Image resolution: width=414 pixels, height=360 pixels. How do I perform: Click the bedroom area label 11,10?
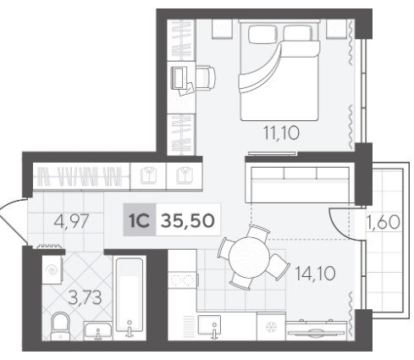pyautogui.click(x=281, y=133)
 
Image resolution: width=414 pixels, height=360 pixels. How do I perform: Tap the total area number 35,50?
pyautogui.click(x=188, y=220)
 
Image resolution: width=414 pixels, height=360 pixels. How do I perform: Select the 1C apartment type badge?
pyautogui.click(x=140, y=220)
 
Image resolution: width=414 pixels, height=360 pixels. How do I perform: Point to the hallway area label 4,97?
pyautogui.click(x=72, y=221)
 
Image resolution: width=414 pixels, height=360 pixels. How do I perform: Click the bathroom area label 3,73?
pyautogui.click(x=85, y=298)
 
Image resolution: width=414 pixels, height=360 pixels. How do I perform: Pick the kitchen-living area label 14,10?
pyautogui.click(x=315, y=274)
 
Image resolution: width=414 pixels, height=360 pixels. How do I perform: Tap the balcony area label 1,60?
pyautogui.click(x=384, y=222)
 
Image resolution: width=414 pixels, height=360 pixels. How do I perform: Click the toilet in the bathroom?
pyautogui.click(x=60, y=326)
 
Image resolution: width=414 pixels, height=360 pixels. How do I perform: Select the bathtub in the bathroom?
pyautogui.click(x=130, y=298)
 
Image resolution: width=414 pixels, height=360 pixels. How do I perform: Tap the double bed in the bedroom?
pyautogui.click(x=279, y=70)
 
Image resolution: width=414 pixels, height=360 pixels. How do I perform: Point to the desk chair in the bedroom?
pyautogui.click(x=205, y=77)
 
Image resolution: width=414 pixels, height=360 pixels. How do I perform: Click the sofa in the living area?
pyautogui.click(x=300, y=185)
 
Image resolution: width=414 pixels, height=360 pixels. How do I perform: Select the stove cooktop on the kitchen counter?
pyautogui.click(x=183, y=280)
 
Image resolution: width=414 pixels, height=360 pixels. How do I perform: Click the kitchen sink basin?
pyautogui.click(x=209, y=325)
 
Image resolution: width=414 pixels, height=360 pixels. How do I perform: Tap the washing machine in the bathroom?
pyautogui.click(x=52, y=270)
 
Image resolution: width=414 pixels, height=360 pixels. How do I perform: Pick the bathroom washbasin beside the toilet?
pyautogui.click(x=98, y=331)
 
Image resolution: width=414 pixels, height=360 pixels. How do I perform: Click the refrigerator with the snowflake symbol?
pyautogui.click(x=271, y=326)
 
